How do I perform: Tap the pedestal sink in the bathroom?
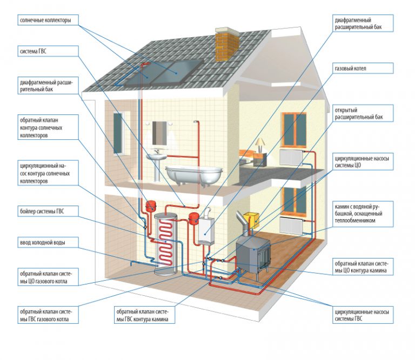tap(156, 162)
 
